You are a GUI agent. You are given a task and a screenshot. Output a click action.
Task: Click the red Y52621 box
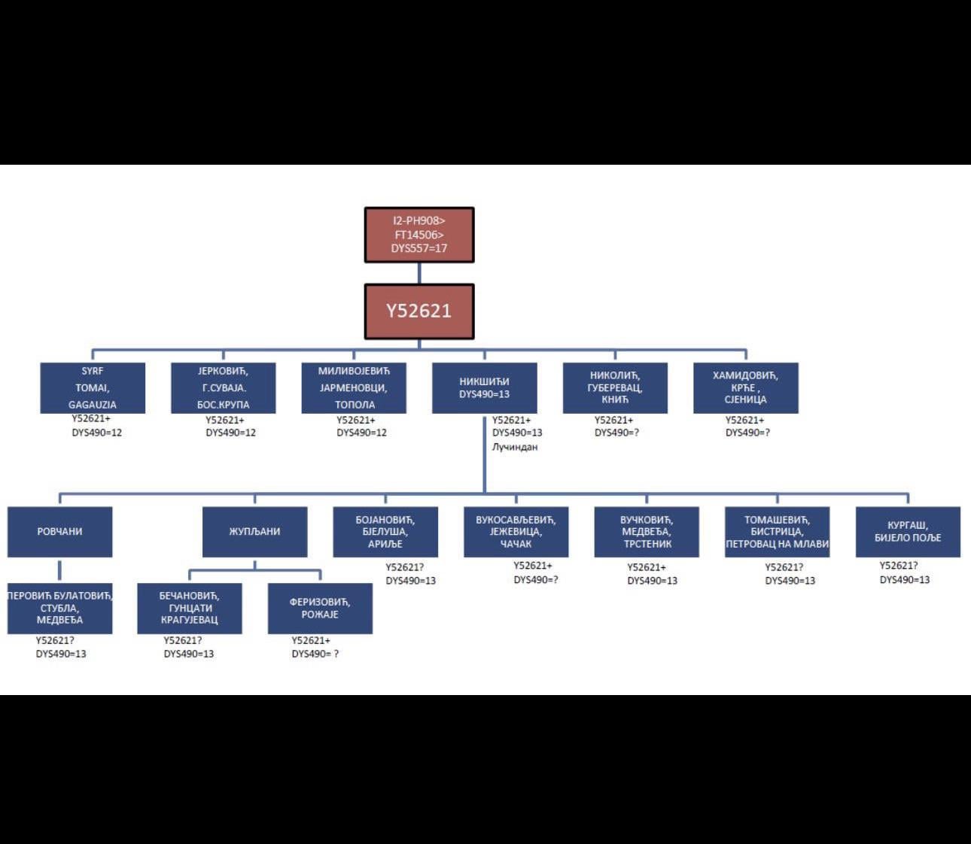(x=419, y=311)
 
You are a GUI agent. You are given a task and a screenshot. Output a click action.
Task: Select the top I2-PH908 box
(x=419, y=235)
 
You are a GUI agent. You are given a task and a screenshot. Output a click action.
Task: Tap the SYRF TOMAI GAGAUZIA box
(x=93, y=387)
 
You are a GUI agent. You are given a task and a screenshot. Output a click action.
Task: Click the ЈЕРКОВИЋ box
(x=224, y=387)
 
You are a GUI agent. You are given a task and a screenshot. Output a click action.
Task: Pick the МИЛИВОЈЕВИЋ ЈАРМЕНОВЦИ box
(x=354, y=387)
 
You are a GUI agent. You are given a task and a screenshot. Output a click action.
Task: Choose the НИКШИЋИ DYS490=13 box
(x=485, y=387)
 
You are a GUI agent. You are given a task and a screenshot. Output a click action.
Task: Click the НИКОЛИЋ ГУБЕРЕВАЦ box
(x=615, y=387)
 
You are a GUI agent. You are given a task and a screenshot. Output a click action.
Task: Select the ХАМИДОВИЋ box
(x=746, y=387)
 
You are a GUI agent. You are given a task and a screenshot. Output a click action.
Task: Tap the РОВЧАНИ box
(x=60, y=532)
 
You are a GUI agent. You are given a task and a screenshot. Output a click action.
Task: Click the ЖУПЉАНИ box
(x=255, y=532)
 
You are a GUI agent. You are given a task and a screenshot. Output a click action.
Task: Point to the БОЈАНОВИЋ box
(x=385, y=532)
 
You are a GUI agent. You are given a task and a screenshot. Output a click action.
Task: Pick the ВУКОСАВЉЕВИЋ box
(x=516, y=532)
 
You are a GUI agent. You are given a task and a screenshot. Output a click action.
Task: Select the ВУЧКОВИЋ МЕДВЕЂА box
(x=647, y=532)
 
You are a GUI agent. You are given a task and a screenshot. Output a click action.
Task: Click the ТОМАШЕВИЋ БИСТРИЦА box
(x=778, y=532)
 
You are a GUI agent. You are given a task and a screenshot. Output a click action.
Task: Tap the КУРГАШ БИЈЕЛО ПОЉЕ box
(x=908, y=532)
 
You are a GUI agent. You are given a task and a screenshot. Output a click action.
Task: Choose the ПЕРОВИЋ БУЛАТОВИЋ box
(x=60, y=608)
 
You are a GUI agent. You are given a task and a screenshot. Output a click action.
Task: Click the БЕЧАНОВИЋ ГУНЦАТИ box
(x=190, y=608)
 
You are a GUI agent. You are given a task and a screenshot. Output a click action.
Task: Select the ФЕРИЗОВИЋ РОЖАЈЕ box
(x=320, y=608)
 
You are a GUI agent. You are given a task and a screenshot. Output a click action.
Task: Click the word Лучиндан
(x=515, y=447)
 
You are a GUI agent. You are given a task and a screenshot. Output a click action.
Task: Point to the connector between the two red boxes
(x=419, y=273)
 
